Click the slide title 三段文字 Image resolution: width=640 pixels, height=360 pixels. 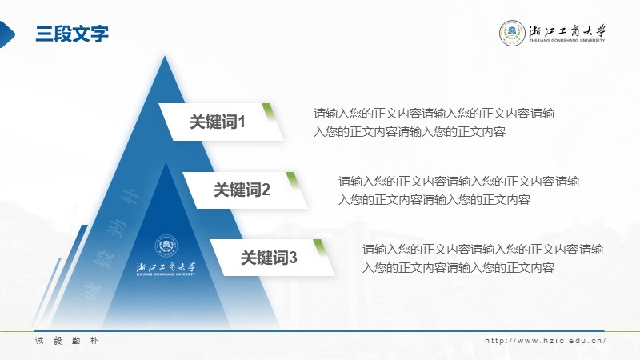(x=72, y=34)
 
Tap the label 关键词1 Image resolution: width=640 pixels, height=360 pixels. (x=217, y=122)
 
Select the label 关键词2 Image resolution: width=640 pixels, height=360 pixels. (x=242, y=190)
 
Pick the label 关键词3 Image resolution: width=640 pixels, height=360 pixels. (x=269, y=258)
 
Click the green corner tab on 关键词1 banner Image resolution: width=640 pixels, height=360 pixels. (x=268, y=111)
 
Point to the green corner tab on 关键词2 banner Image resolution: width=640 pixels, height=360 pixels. (x=292, y=180)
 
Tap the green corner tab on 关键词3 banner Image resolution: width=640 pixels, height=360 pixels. (x=319, y=248)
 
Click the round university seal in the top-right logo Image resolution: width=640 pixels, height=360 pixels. (x=512, y=33)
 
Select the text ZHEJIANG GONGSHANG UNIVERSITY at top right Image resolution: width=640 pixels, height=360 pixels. (x=567, y=41)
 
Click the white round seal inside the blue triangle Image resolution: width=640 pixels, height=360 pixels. (x=166, y=246)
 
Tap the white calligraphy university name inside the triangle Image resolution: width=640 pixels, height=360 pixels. (x=166, y=267)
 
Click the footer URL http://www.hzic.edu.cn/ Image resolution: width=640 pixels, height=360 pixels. (x=546, y=341)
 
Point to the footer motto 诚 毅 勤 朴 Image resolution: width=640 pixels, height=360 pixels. (x=66, y=341)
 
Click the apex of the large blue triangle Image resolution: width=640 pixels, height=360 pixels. (x=165, y=56)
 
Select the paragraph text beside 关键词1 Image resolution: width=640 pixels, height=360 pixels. (x=434, y=122)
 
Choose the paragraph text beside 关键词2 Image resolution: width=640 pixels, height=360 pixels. (x=458, y=190)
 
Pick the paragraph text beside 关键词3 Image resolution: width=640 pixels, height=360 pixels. (x=482, y=258)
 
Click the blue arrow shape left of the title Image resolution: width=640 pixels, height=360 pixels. (x=6, y=34)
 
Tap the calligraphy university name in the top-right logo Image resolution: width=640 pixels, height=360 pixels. (x=567, y=30)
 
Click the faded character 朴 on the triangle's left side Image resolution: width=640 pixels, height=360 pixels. (x=130, y=198)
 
